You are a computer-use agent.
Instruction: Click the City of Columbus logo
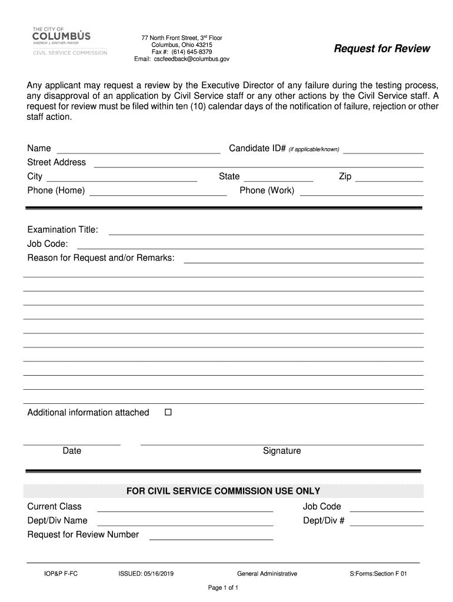tap(69, 41)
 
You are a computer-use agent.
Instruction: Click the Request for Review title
tap(382, 49)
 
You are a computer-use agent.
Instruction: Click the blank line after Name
tap(138, 150)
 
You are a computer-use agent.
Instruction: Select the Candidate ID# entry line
tap(383, 150)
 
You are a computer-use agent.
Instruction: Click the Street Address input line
tap(258, 164)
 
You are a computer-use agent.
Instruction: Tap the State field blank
tap(278, 178)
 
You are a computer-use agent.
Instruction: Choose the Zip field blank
tap(389, 178)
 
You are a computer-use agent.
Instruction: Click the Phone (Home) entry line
tap(158, 192)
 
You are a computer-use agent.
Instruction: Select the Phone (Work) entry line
tap(361, 192)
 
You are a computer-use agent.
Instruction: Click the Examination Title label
tap(63, 229)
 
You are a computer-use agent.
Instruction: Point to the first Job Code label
tap(48, 243)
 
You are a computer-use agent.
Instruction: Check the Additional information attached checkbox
tap(168, 413)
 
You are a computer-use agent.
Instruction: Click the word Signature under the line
tap(282, 451)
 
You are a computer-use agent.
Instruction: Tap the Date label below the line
tap(72, 451)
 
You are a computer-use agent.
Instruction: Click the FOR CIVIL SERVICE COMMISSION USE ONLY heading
tap(224, 491)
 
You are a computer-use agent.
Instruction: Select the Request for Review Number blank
tap(211, 536)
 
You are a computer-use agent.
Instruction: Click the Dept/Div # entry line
tap(387, 522)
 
